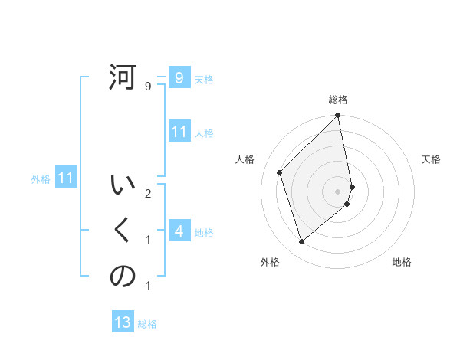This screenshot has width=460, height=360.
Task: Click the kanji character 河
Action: coord(123,78)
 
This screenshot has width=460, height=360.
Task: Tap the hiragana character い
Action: coord(123,186)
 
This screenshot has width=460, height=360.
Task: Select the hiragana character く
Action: coord(123,231)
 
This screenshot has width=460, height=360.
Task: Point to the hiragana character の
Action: coord(123,277)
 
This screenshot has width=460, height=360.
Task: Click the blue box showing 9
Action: coord(179,77)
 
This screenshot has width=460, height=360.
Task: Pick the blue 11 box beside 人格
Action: coord(179,132)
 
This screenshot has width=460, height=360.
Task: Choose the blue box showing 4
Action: coord(179,231)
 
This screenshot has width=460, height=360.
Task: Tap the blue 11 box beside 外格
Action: coord(66,178)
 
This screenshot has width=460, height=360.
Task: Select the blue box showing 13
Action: coord(123,322)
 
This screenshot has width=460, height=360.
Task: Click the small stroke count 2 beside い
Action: coord(148,193)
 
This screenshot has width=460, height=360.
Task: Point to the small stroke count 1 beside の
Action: coord(148,286)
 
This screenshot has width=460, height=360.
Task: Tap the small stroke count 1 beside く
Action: coord(148,240)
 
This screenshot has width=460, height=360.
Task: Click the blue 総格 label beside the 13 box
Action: coord(147,324)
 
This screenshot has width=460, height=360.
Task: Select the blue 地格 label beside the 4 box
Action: coord(204,233)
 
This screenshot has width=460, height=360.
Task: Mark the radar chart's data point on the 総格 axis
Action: coord(338,116)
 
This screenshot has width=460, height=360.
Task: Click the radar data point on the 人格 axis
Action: coord(280,172)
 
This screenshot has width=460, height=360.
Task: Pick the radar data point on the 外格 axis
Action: coord(301,242)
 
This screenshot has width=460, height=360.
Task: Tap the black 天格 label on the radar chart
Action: coord(431,159)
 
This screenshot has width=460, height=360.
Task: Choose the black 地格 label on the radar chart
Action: coord(402,262)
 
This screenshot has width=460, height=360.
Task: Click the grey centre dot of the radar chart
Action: coord(338,191)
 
